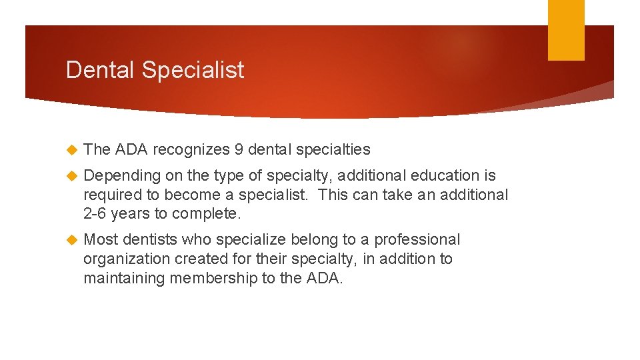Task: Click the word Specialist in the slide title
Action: [x=193, y=70]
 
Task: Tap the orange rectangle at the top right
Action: [x=566, y=30]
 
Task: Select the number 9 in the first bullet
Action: [x=239, y=150]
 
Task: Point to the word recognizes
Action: [x=192, y=150]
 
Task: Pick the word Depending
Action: [x=123, y=176]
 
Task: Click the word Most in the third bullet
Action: [x=101, y=239]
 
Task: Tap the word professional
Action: [x=417, y=239]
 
